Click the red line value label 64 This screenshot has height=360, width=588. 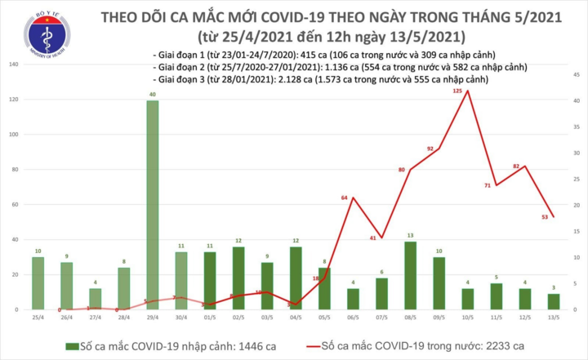(345, 198)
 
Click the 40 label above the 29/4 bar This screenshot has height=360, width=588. (153, 94)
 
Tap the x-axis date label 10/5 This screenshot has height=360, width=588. (466, 318)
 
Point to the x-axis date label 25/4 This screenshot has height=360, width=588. (38, 318)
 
